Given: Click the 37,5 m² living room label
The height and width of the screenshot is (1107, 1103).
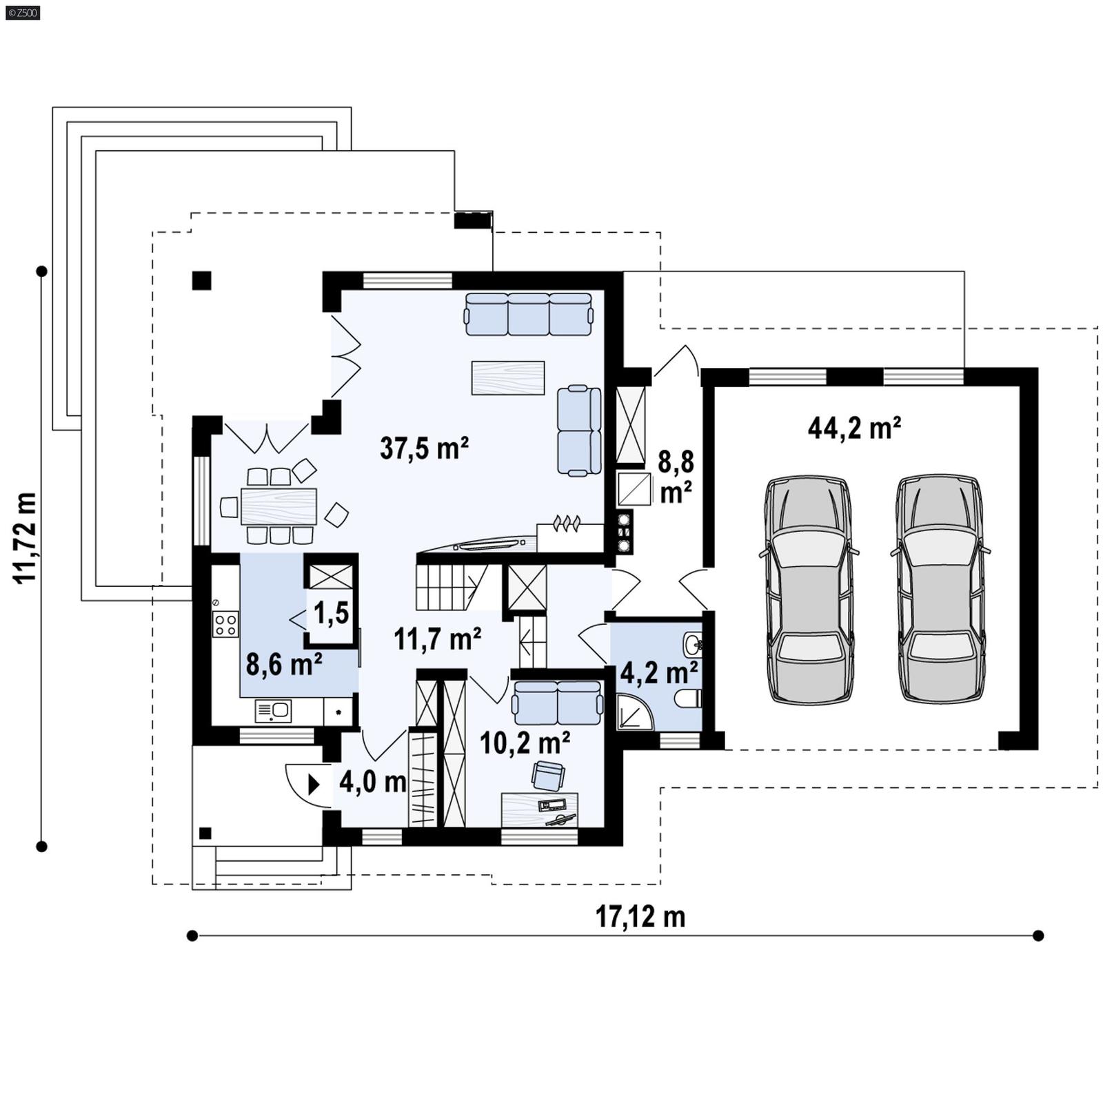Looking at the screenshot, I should (424, 448).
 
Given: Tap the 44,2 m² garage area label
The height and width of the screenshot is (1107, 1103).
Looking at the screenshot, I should (854, 428).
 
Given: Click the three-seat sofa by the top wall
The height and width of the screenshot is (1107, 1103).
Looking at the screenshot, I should (528, 314).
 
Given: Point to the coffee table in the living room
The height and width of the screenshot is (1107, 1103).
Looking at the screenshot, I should (508, 377).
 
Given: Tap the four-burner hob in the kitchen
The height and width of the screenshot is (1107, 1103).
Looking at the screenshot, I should (226, 624).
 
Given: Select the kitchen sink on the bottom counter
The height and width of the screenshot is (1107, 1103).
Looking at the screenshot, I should (273, 710).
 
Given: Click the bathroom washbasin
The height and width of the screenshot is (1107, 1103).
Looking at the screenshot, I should (693, 645).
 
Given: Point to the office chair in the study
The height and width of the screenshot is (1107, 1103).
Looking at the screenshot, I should (548, 775).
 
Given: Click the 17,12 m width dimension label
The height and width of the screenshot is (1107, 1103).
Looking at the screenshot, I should (640, 917).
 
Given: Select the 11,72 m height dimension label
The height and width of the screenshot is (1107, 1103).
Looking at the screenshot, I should (26, 537).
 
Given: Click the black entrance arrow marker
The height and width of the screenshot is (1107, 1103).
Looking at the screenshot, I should (314, 784).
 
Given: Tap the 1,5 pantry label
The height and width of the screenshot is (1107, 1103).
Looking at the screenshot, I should (332, 613).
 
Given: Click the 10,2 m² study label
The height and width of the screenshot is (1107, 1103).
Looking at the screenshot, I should (524, 743).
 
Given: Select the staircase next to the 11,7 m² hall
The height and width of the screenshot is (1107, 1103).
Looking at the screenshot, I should (448, 587).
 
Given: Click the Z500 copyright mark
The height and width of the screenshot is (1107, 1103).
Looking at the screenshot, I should (21, 12).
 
